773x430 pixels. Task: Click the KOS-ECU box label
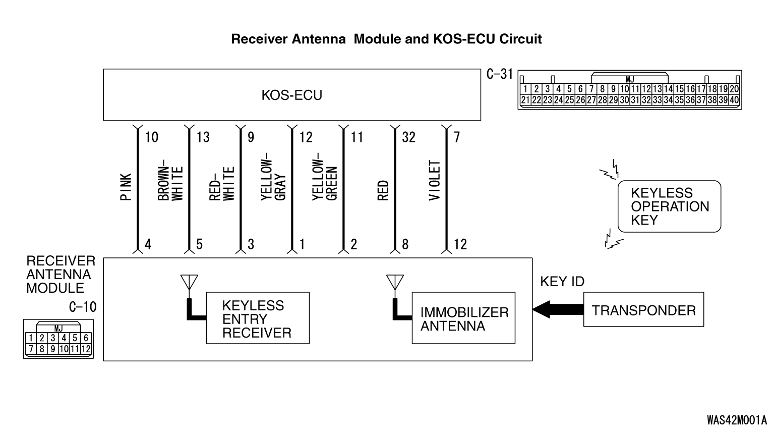tap(291, 95)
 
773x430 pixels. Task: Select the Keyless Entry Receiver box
tap(257, 318)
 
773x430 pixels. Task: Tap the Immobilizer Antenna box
tap(463, 318)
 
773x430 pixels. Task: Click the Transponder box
tap(643, 310)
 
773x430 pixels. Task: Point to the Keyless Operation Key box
tap(669, 206)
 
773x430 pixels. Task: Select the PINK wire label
tap(126, 187)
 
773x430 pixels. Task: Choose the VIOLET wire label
tap(435, 180)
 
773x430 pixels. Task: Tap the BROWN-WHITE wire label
tap(170, 183)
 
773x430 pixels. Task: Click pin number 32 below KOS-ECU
tap(408, 137)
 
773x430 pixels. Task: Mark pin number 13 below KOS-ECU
tap(203, 137)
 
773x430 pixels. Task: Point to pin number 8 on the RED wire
tap(405, 245)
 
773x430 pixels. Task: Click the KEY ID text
tap(562, 282)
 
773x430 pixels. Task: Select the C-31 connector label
tap(499, 75)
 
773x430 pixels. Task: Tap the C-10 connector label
tap(83, 307)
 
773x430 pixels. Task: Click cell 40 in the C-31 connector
tap(734, 100)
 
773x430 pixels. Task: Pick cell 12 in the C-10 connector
tap(85, 349)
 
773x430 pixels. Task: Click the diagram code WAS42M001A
tap(736, 420)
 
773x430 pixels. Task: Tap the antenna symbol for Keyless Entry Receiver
tap(189, 283)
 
